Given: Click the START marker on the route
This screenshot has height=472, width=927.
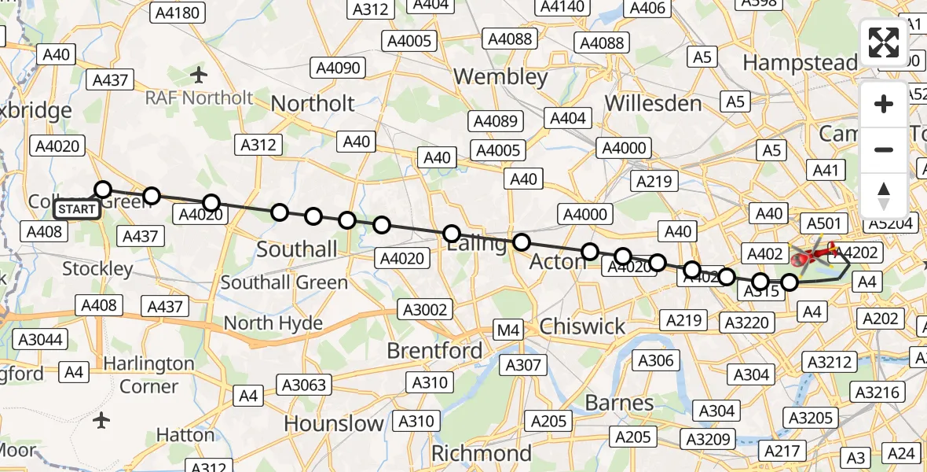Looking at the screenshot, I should (x=77, y=209).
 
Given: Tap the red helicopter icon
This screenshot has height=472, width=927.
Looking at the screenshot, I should (x=814, y=254).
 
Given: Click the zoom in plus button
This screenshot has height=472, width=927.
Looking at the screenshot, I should (x=884, y=105).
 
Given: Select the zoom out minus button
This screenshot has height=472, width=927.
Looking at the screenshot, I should (x=884, y=149).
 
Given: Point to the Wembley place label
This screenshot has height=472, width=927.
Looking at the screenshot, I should (x=500, y=77).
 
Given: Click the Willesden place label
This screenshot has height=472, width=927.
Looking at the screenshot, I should (x=653, y=104).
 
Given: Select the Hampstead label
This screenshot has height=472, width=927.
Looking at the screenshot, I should (x=800, y=62).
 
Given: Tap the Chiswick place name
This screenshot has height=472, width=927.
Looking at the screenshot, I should (x=582, y=326).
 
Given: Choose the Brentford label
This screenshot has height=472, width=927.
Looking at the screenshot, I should (x=434, y=351).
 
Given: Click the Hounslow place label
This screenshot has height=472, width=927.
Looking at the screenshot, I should (x=333, y=424).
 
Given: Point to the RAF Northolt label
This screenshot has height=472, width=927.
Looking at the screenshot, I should (x=199, y=98).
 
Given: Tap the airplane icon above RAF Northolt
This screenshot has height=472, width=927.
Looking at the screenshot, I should (x=199, y=76).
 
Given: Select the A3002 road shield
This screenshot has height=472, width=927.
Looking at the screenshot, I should (x=424, y=309).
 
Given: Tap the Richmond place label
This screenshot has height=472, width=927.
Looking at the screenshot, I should (x=482, y=454).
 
